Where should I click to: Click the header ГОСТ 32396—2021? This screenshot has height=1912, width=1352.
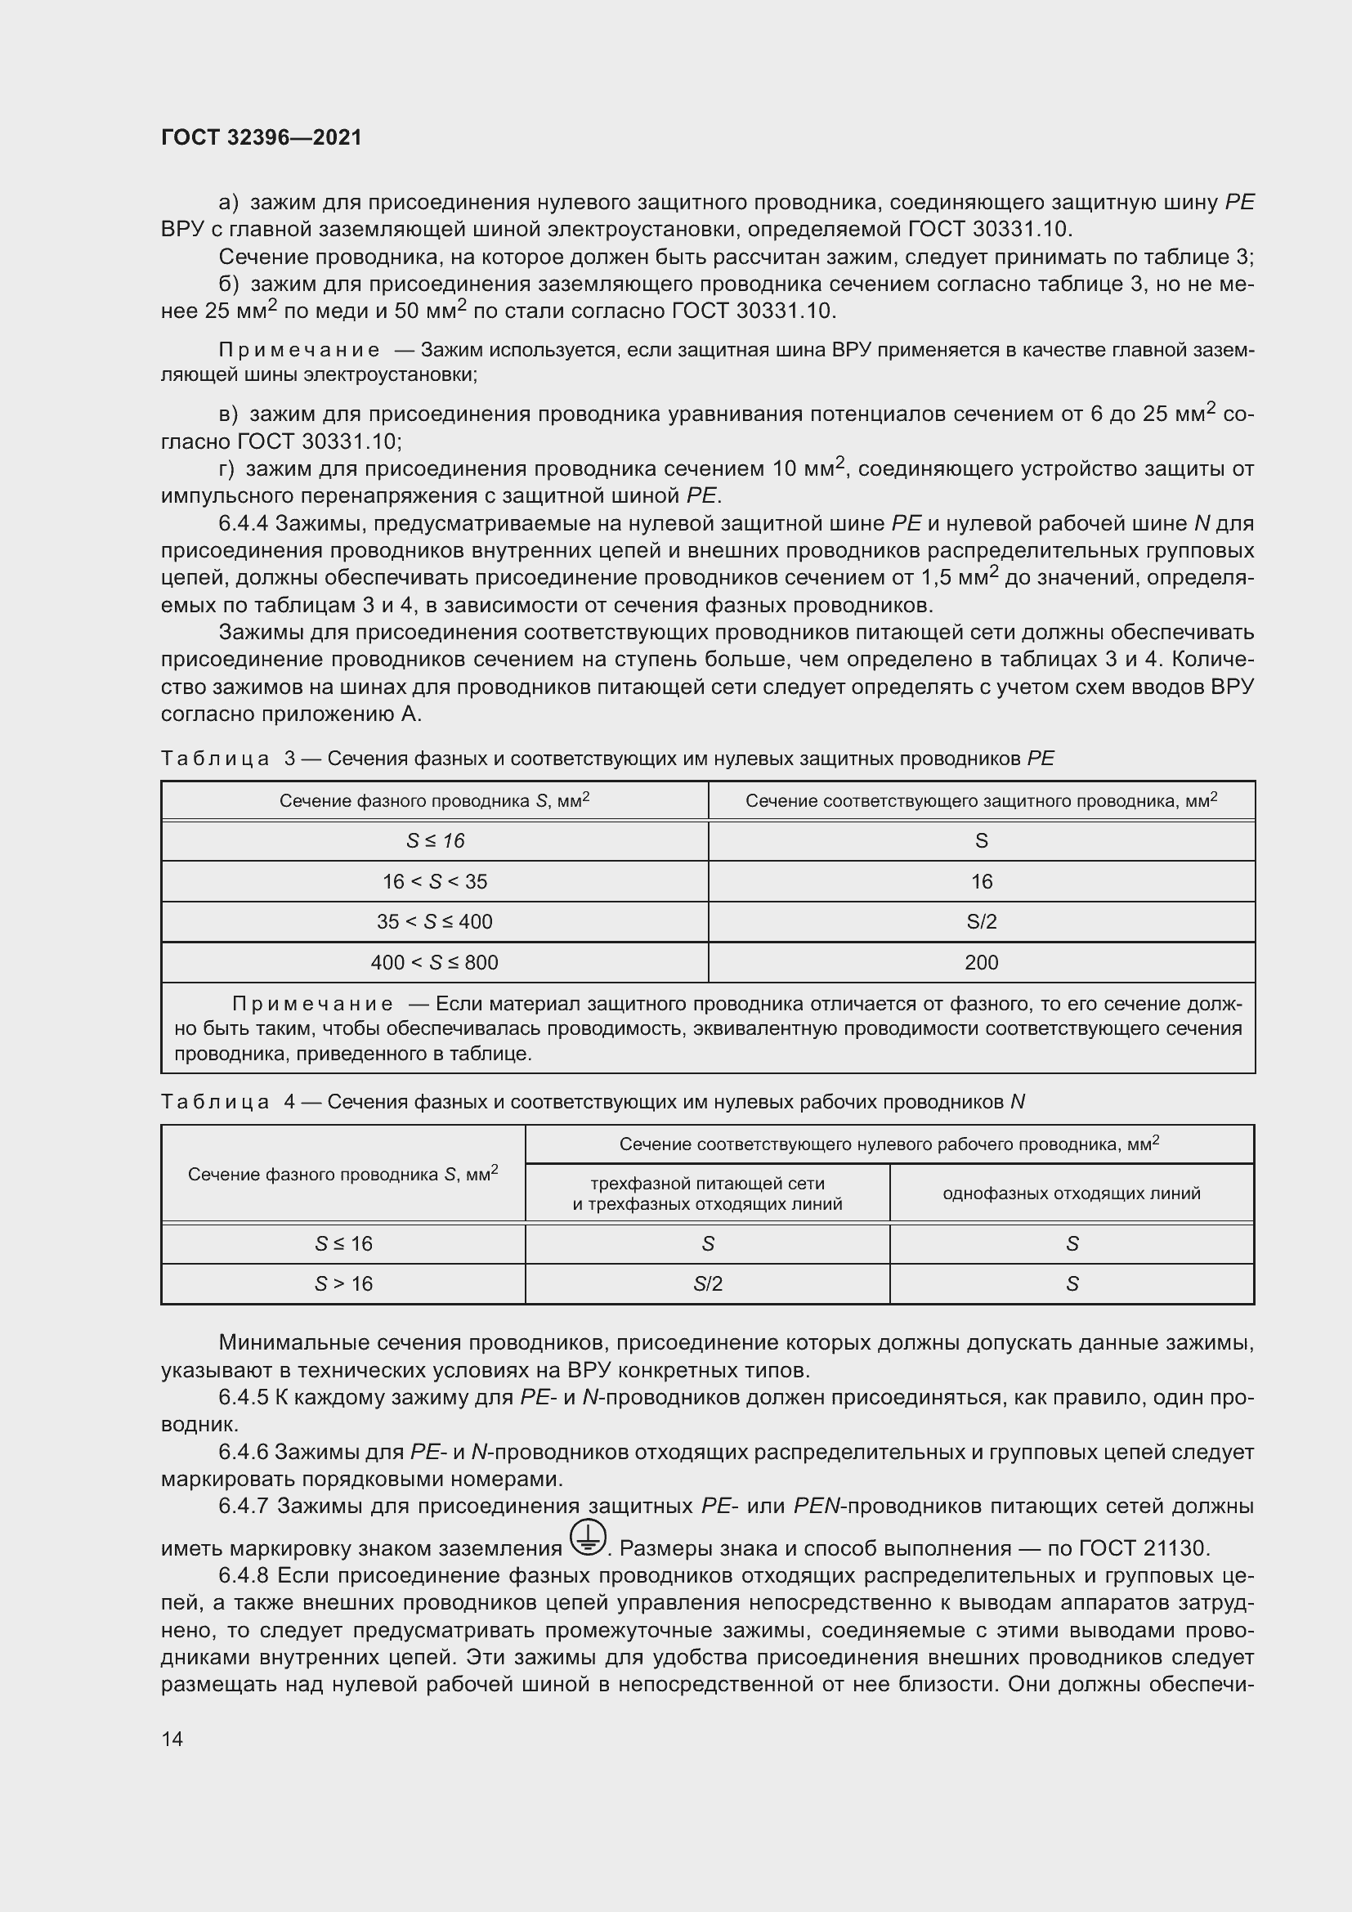262,137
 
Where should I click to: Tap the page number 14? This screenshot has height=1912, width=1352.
172,1739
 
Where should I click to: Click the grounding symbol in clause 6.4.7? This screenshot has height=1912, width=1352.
589,1537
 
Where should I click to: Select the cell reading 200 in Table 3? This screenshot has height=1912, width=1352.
981,963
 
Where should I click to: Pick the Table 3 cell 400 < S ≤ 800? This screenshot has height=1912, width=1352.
434,963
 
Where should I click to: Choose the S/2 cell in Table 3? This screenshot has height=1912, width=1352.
981,922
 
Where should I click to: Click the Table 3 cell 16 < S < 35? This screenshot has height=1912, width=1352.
434,881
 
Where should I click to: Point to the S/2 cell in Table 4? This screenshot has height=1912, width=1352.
707,1284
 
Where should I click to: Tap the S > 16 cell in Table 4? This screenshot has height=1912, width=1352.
343,1284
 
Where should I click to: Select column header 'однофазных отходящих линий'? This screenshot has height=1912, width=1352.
1072,1193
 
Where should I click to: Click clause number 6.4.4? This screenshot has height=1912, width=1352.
243,524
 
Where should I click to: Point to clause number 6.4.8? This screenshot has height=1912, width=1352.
244,1575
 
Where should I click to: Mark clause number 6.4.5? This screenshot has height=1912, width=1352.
243,1397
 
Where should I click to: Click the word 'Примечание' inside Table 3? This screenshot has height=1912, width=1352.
312,1004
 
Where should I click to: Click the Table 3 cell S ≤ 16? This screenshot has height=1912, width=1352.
434,841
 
